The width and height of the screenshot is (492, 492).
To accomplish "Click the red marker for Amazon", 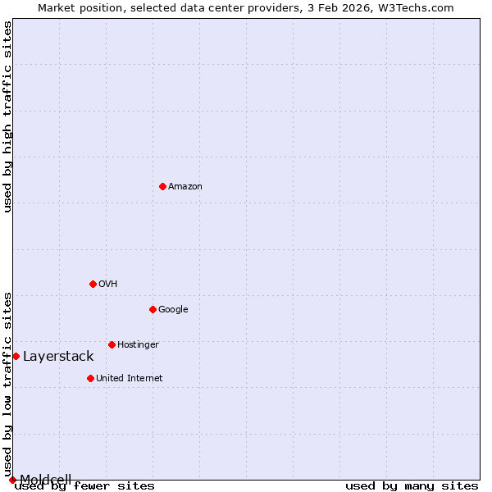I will [x=162, y=186].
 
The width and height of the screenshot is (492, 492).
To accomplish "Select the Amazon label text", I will [x=185, y=187].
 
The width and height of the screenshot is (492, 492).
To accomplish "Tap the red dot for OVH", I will [x=93, y=284].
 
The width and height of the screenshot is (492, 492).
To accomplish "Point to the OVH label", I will [x=108, y=285].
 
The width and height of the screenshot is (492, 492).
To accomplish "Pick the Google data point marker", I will [x=153, y=309].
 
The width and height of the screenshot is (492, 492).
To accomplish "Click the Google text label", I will [x=173, y=310].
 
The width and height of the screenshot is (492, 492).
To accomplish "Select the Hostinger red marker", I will [x=112, y=344].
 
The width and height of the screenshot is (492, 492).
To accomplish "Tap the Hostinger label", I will [x=138, y=345].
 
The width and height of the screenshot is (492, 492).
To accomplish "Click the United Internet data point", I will [x=90, y=378].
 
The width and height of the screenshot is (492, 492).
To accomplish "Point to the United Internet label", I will [x=130, y=379].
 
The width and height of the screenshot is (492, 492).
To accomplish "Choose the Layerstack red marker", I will [x=16, y=356].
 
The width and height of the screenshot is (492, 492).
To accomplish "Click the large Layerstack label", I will [x=58, y=357].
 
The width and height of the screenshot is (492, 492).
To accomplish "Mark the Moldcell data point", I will [x=12, y=480].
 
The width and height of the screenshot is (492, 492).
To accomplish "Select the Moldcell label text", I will [x=46, y=479].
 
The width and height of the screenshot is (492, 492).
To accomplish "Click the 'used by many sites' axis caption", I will [x=412, y=486].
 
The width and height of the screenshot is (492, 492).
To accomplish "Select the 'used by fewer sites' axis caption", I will [x=85, y=486].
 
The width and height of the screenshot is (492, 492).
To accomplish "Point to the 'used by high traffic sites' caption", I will [x=8, y=116].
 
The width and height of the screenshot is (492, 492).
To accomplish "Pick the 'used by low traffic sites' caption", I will [x=8, y=384].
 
